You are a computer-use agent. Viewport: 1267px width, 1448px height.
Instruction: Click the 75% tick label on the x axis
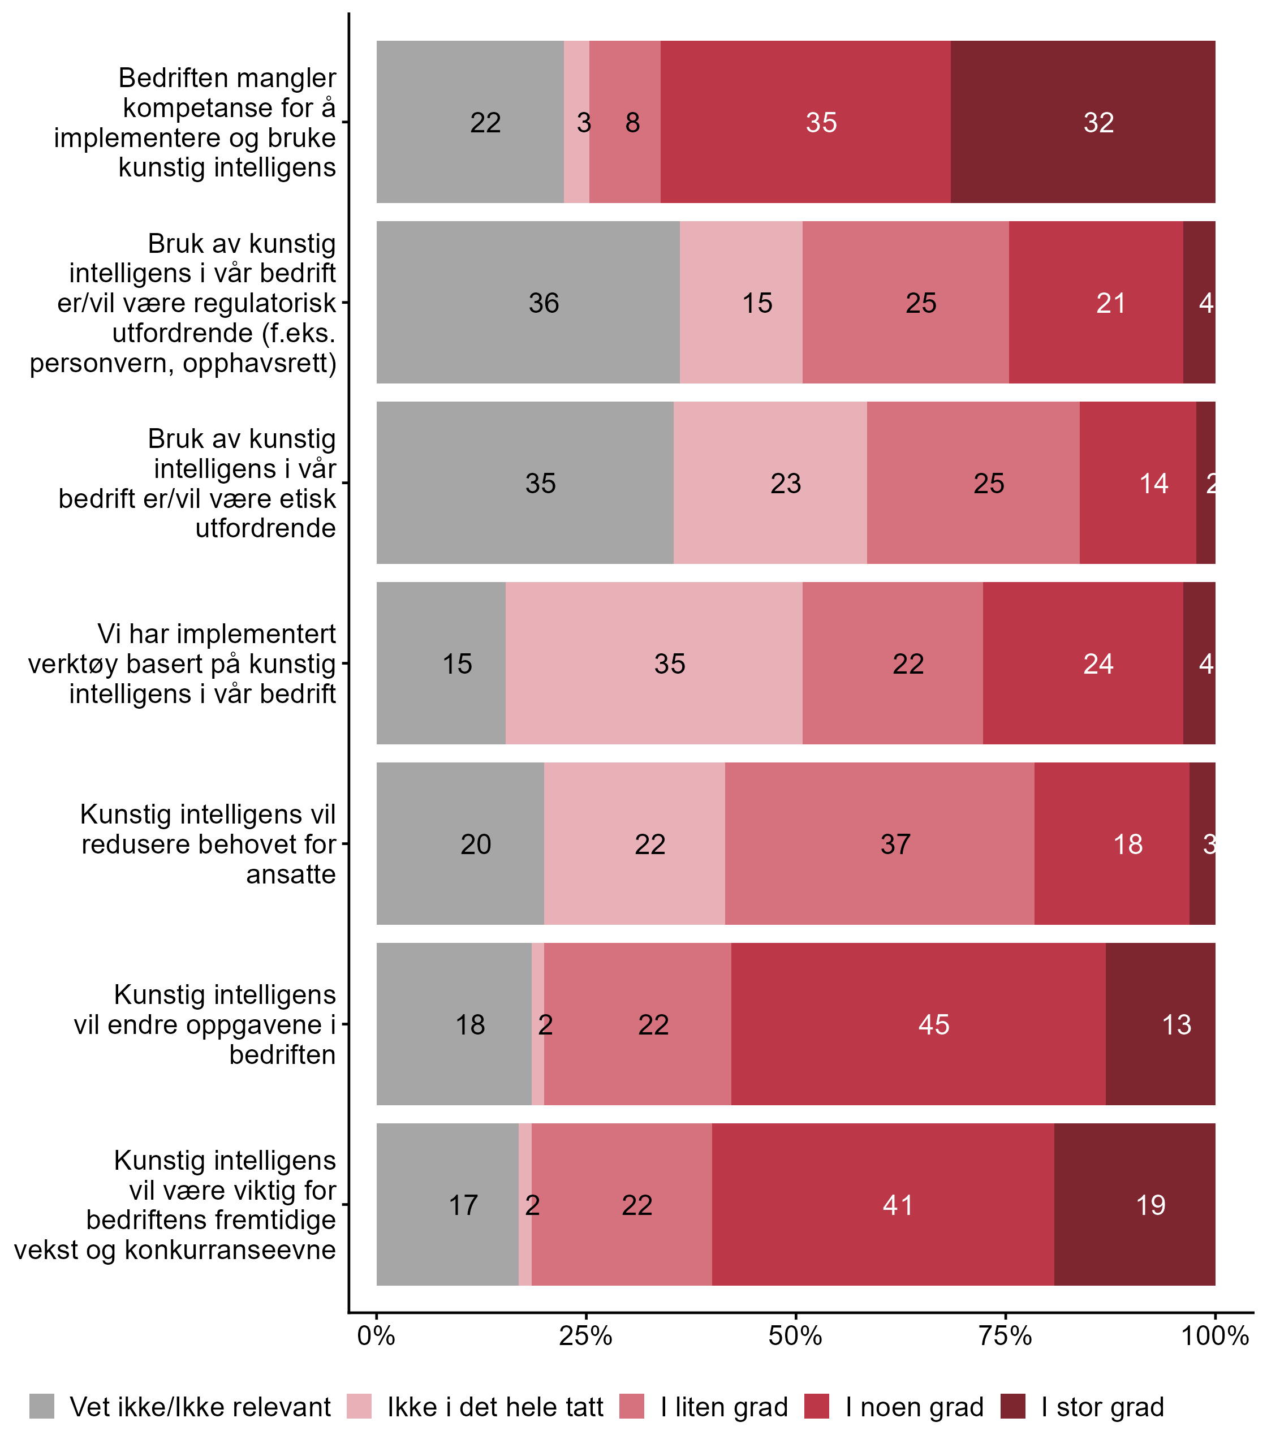tap(1006, 1336)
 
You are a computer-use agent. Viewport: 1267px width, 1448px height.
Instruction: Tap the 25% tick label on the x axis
tap(585, 1336)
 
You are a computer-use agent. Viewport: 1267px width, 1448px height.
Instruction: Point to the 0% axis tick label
tap(376, 1336)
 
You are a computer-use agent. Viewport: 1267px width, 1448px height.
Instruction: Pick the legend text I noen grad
tap(914, 1407)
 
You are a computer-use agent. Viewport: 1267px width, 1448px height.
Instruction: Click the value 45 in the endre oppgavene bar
tap(933, 1024)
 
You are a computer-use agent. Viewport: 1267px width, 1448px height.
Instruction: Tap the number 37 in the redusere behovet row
tap(895, 844)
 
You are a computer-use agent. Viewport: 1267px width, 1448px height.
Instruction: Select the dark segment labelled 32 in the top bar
tap(1083, 122)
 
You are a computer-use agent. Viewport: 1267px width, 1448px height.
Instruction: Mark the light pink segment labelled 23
tap(770, 484)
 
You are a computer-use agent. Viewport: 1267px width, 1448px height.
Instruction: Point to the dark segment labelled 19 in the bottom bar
tap(1134, 1205)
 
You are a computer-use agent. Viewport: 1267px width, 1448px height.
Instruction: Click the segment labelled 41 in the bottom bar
tap(882, 1205)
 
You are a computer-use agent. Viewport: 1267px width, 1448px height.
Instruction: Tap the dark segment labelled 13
tap(1160, 1024)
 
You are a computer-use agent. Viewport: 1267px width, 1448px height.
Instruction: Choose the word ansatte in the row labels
tap(291, 874)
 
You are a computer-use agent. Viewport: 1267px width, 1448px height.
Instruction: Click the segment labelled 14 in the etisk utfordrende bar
tap(1137, 484)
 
